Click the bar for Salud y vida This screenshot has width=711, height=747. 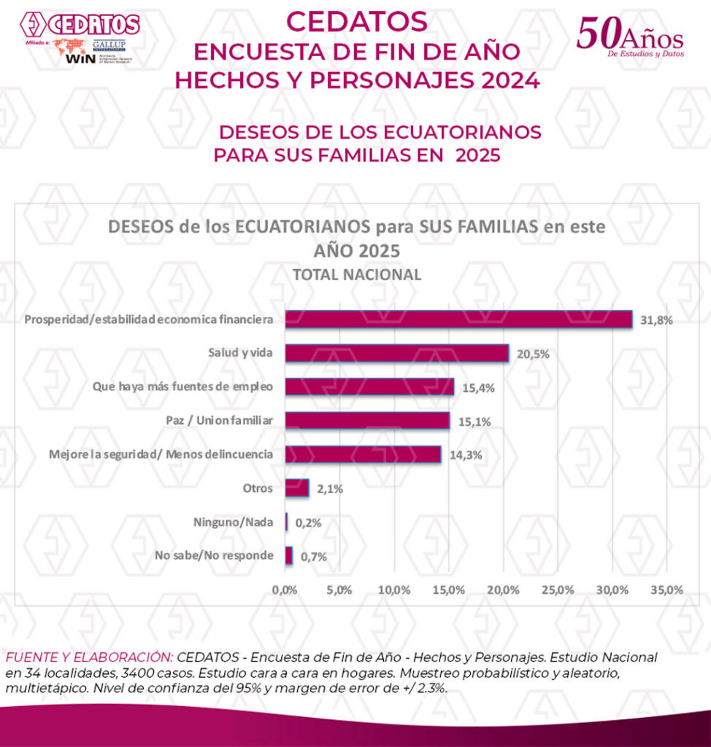(396, 353)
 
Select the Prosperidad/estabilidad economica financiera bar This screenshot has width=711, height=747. (458, 320)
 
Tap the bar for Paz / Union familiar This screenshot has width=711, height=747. (366, 420)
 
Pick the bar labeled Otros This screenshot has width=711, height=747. (296, 488)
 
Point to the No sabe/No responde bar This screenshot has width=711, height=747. (288, 556)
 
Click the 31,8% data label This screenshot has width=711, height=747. (656, 320)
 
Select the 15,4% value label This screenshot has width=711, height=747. (477, 387)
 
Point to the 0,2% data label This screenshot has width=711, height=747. (306, 522)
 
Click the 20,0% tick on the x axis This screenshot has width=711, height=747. (502, 589)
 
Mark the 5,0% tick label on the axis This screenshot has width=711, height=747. (339, 589)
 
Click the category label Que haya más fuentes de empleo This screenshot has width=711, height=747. (183, 387)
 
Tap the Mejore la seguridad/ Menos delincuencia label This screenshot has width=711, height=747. (161, 454)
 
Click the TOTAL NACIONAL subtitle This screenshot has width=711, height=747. (356, 275)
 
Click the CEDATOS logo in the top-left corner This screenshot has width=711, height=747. (80, 24)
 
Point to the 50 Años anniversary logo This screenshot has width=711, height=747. (629, 36)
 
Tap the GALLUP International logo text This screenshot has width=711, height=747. (108, 47)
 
